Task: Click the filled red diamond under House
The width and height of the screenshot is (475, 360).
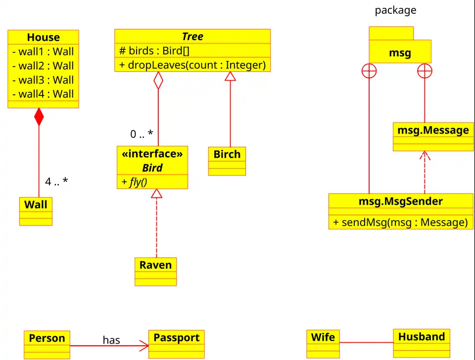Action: pyautogui.click(x=39, y=117)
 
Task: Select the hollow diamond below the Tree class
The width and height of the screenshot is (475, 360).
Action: pyautogui.click(x=158, y=80)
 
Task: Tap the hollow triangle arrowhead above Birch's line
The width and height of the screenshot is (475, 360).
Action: pyautogui.click(x=230, y=76)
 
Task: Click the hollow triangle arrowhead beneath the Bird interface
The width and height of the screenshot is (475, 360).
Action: pyautogui.click(x=156, y=193)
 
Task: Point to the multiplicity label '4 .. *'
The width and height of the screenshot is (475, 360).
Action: pyautogui.click(x=56, y=181)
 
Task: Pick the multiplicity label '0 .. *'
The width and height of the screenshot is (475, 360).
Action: pyautogui.click(x=142, y=134)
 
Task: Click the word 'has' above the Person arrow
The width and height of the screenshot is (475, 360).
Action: pyautogui.click(x=111, y=340)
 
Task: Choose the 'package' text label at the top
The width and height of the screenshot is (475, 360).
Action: pyautogui.click(x=395, y=10)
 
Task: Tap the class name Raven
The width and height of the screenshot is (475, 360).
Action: pyautogui.click(x=155, y=265)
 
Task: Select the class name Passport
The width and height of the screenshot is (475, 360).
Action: pyautogui.click(x=176, y=338)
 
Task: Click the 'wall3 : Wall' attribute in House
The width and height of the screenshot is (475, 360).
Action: pyautogui.click(x=43, y=80)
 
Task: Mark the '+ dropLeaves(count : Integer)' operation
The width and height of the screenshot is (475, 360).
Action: pyautogui.click(x=192, y=65)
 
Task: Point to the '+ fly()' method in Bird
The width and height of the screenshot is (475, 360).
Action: pyautogui.click(x=134, y=182)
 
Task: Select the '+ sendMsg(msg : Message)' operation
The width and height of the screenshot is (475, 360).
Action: pyautogui.click(x=400, y=222)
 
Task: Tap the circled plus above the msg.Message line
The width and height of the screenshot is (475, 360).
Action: pyautogui.click(x=425, y=72)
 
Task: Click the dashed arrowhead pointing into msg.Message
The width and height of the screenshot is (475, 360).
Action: pyautogui.click(x=425, y=155)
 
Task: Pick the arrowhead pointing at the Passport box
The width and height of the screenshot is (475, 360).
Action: pyautogui.click(x=144, y=345)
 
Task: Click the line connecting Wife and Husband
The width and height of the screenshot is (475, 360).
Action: pyautogui.click(x=366, y=342)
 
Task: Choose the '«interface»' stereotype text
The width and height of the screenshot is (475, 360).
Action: pyautogui.click(x=152, y=154)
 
